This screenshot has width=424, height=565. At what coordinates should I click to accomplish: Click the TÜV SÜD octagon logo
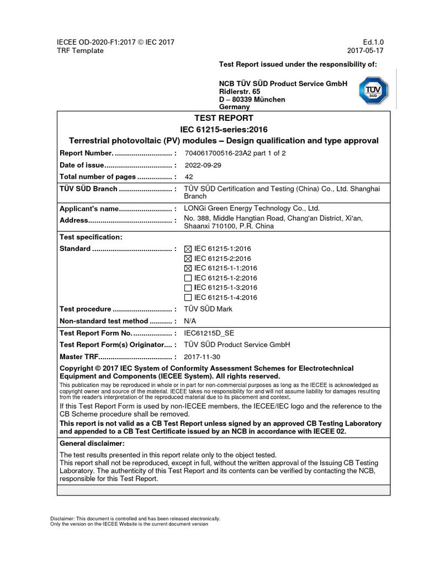click(x=374, y=90)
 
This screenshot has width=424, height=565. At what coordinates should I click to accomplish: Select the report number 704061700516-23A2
click(x=235, y=153)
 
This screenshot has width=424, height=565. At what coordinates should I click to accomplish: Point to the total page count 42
click(x=189, y=177)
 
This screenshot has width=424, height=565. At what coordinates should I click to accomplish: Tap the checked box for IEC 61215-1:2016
click(x=188, y=249)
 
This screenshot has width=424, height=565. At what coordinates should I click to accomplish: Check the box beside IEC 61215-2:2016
click(x=188, y=259)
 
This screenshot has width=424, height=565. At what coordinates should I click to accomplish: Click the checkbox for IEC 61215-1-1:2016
click(x=188, y=268)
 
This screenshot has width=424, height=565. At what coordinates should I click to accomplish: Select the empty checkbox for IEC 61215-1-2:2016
click(x=188, y=278)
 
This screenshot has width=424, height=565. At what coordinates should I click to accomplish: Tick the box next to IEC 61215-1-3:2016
click(x=188, y=287)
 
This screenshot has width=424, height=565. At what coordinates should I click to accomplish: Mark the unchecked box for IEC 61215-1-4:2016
click(x=188, y=297)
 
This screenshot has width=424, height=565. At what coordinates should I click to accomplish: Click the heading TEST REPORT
click(x=224, y=118)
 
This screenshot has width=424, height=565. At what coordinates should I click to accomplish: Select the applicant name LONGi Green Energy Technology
click(x=252, y=209)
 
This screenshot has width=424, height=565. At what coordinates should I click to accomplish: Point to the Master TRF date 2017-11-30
click(x=202, y=356)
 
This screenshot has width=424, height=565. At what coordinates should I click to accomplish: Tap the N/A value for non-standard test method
click(x=189, y=321)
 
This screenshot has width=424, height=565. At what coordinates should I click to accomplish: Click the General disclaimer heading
click(x=92, y=443)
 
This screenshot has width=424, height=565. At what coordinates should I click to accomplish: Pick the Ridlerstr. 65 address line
click(x=240, y=91)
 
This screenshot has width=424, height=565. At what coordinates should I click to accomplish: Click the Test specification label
click(x=91, y=237)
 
